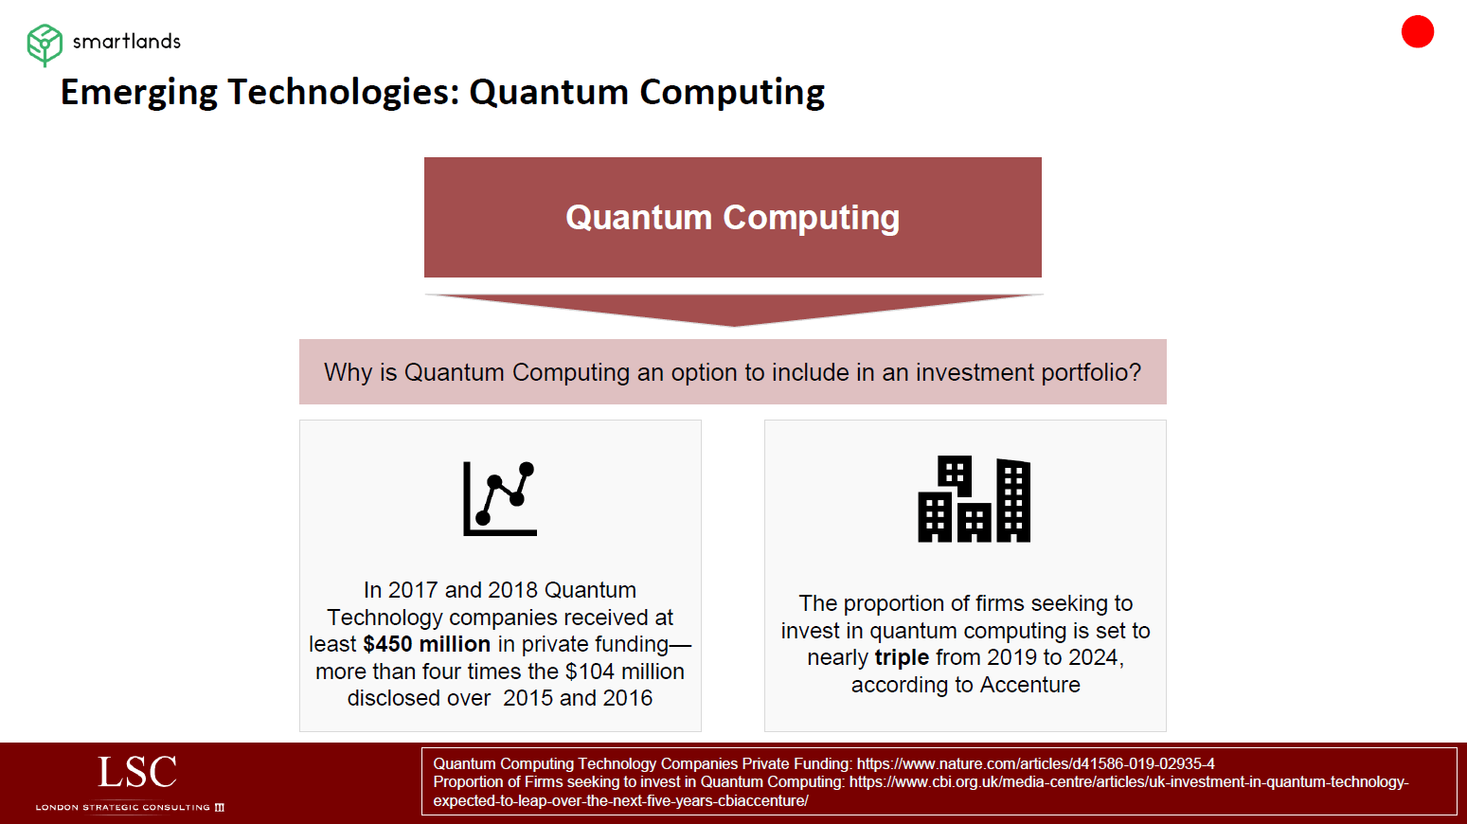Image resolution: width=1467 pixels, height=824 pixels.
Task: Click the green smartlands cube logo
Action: coord(45,45)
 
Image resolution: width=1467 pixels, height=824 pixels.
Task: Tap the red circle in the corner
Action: coord(1417,31)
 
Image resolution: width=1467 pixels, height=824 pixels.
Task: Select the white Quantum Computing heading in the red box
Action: coord(732,218)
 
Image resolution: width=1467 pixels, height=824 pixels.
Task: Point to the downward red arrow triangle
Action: coord(733,309)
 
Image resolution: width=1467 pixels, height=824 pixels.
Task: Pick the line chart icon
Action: coord(500,498)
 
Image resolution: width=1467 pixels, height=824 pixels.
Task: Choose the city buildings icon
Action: coord(974,499)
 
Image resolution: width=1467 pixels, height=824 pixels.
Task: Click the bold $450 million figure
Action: coord(426,644)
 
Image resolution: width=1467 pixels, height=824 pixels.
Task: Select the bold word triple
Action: coord(902,657)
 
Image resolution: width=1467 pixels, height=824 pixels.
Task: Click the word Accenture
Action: coord(1030,685)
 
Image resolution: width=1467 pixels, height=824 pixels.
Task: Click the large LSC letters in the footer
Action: coord(137,772)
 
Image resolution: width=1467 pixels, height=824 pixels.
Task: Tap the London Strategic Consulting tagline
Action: coord(130,807)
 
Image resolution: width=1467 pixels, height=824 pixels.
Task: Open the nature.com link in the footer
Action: coord(1035,763)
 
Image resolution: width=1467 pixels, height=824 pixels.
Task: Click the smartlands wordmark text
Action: coord(126,42)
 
